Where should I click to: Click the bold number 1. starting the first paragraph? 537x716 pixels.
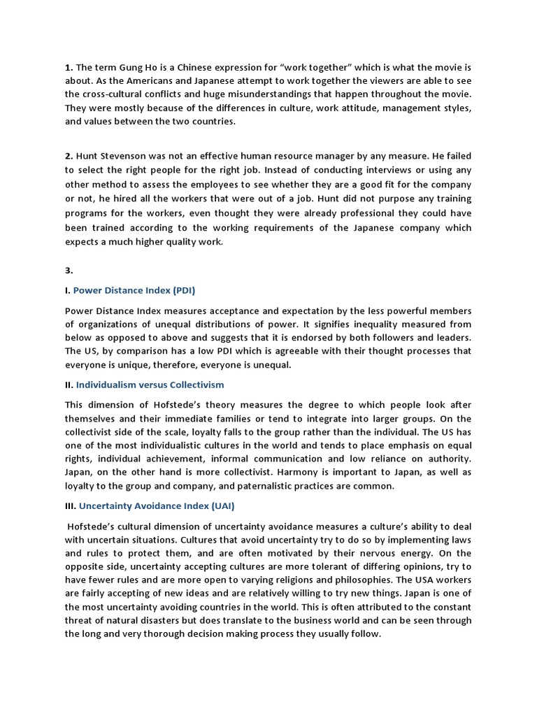[69, 68]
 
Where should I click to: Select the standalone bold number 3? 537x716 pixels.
[69, 271]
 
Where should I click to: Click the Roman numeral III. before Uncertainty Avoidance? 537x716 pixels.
[71, 505]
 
